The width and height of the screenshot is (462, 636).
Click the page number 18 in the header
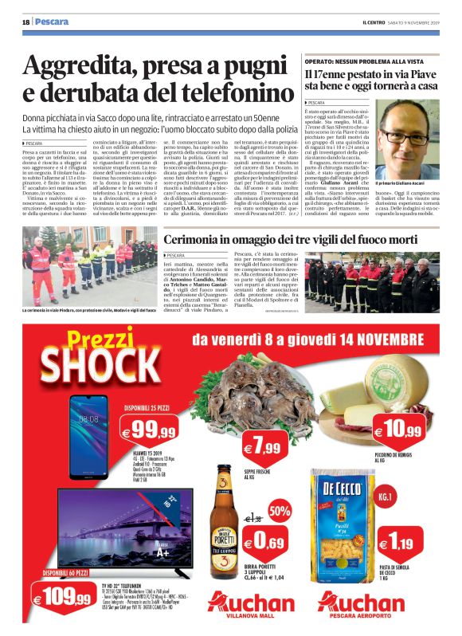click(x=25, y=21)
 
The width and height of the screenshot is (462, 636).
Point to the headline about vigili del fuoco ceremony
click(x=300, y=241)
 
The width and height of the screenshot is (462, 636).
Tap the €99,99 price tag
click(x=151, y=433)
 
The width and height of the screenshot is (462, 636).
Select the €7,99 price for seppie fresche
click(x=260, y=448)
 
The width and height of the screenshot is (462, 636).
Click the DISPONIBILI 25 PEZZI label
click(x=151, y=409)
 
